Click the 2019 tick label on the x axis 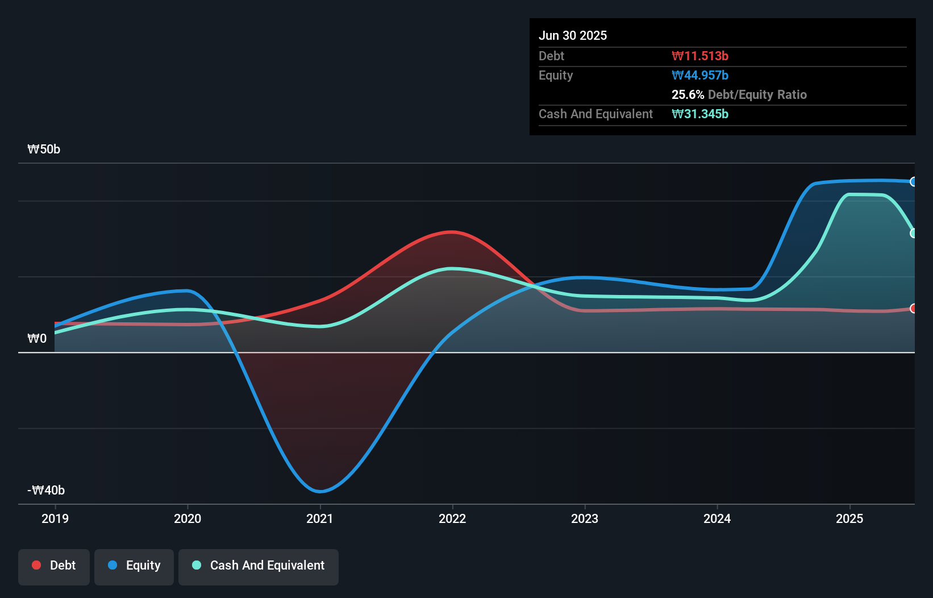pos(55,518)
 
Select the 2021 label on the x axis pos(320,518)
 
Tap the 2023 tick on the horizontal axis pos(585,518)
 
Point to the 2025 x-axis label pos(849,518)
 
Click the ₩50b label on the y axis pos(44,149)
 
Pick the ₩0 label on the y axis pos(37,339)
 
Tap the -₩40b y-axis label pos(46,490)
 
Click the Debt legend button pos(54,566)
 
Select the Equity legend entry pos(134,566)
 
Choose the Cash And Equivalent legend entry pos(259,566)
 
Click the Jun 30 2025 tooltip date pos(573,35)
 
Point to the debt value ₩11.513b pos(700,56)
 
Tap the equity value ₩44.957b pos(700,75)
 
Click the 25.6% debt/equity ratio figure pos(688,94)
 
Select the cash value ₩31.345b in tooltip pos(700,114)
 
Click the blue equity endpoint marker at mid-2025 pos(913,182)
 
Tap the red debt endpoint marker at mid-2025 pos(913,309)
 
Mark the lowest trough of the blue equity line pos(320,492)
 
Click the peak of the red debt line pos(452,232)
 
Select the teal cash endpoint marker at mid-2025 pos(913,234)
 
